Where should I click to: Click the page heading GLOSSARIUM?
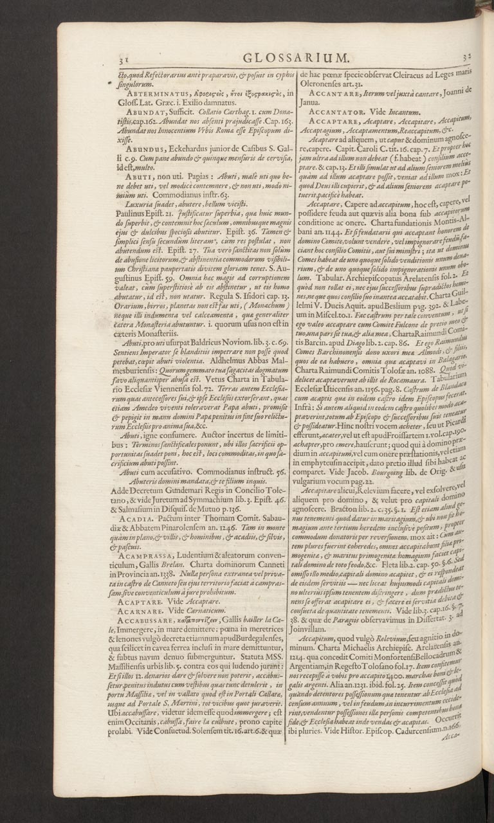(x=286, y=59)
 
